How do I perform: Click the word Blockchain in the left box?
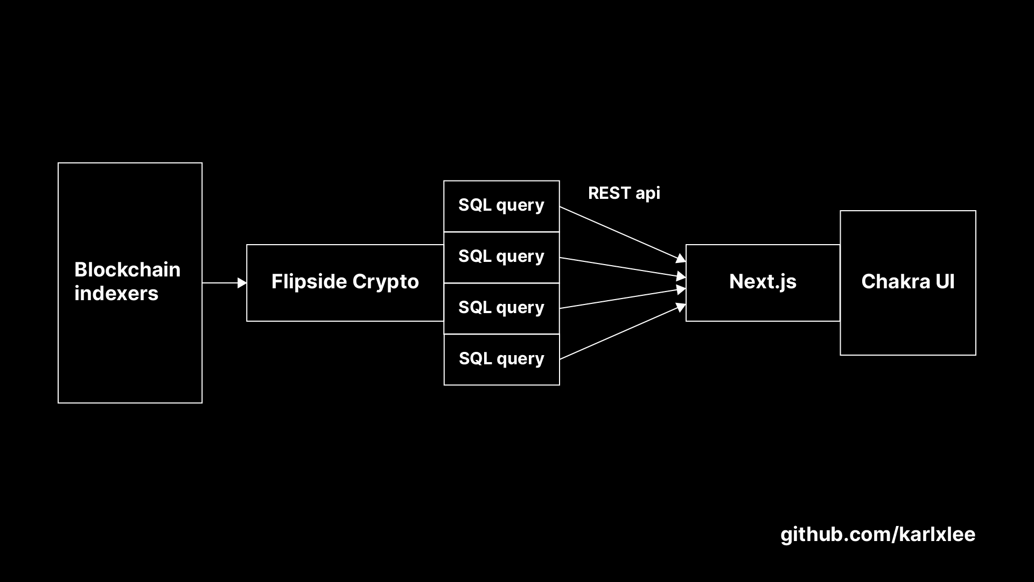(x=127, y=269)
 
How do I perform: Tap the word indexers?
(x=116, y=294)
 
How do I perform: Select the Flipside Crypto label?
(x=345, y=282)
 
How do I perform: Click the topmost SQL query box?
(x=501, y=205)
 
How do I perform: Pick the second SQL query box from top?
(x=501, y=257)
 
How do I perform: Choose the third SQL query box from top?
(x=501, y=308)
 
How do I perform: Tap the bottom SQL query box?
(x=501, y=359)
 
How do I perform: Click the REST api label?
(x=624, y=193)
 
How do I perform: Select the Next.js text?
(x=763, y=282)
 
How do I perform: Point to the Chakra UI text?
(x=907, y=282)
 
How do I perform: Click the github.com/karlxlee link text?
(x=878, y=535)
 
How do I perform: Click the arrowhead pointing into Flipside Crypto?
(x=242, y=283)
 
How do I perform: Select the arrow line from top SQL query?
(x=619, y=233)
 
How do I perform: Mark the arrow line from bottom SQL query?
(x=619, y=333)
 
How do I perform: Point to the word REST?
(x=609, y=193)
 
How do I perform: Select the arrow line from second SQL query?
(x=619, y=267)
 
